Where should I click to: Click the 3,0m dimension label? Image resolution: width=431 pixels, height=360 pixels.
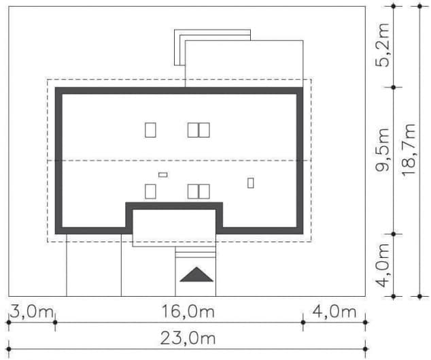point(31,312)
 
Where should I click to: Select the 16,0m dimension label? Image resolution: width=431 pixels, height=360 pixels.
point(188,312)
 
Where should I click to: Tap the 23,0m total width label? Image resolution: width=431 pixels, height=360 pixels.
point(188,338)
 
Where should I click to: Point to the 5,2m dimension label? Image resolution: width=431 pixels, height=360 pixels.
point(382,46)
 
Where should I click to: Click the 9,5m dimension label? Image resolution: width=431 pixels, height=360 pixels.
point(382,150)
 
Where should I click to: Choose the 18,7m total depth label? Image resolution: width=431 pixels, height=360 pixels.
point(408,150)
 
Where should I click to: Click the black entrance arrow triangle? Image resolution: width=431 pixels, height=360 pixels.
point(196,274)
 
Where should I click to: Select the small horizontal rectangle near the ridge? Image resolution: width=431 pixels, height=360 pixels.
point(163,175)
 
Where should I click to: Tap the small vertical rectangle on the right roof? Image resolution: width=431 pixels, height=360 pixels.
point(250,183)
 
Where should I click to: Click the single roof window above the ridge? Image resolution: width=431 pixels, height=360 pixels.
point(150,130)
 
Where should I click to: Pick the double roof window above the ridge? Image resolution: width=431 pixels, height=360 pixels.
point(199,130)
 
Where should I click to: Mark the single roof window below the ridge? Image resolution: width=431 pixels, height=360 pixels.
point(150,191)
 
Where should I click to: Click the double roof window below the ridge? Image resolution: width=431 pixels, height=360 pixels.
point(199,191)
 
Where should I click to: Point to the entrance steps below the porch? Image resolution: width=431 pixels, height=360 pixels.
point(195,252)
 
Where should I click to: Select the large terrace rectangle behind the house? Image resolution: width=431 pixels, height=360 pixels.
point(244,63)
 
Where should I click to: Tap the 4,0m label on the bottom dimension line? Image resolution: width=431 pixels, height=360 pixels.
point(334,312)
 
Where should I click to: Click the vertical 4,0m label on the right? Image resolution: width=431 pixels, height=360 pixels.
point(382,265)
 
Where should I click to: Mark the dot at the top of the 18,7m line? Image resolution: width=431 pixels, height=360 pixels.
point(419,6)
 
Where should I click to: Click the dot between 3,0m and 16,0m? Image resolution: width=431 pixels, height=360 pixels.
point(55,323)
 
